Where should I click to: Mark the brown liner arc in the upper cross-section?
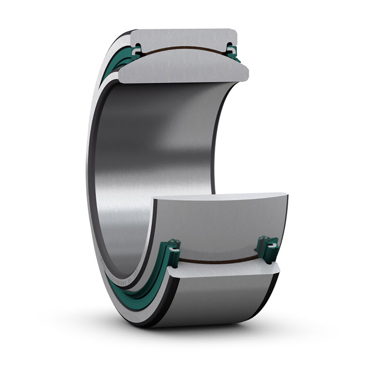pos(182,47)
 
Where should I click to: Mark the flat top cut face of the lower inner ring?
pos(219,197)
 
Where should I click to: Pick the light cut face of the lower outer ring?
pos(224,270)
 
